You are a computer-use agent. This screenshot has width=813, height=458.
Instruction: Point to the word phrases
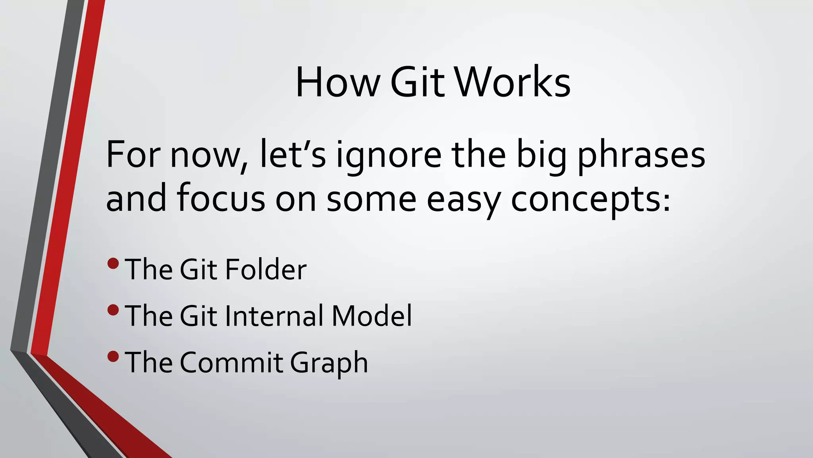[x=641, y=155]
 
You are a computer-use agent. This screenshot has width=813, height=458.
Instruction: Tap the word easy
[x=463, y=199]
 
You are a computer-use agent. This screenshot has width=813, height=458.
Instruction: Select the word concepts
[x=590, y=199]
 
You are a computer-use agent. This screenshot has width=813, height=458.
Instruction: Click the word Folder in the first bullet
[x=266, y=269]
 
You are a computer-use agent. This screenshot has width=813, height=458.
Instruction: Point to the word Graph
[x=329, y=363]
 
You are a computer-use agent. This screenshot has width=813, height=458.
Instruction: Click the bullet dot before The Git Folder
[x=113, y=263]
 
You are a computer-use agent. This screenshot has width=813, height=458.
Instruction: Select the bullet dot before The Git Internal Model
[x=113, y=310]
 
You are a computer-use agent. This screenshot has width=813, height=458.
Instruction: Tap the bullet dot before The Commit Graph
[x=113, y=356]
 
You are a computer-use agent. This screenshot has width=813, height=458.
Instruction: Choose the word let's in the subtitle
[x=293, y=155]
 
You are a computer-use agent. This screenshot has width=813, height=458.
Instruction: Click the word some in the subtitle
[x=371, y=199]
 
